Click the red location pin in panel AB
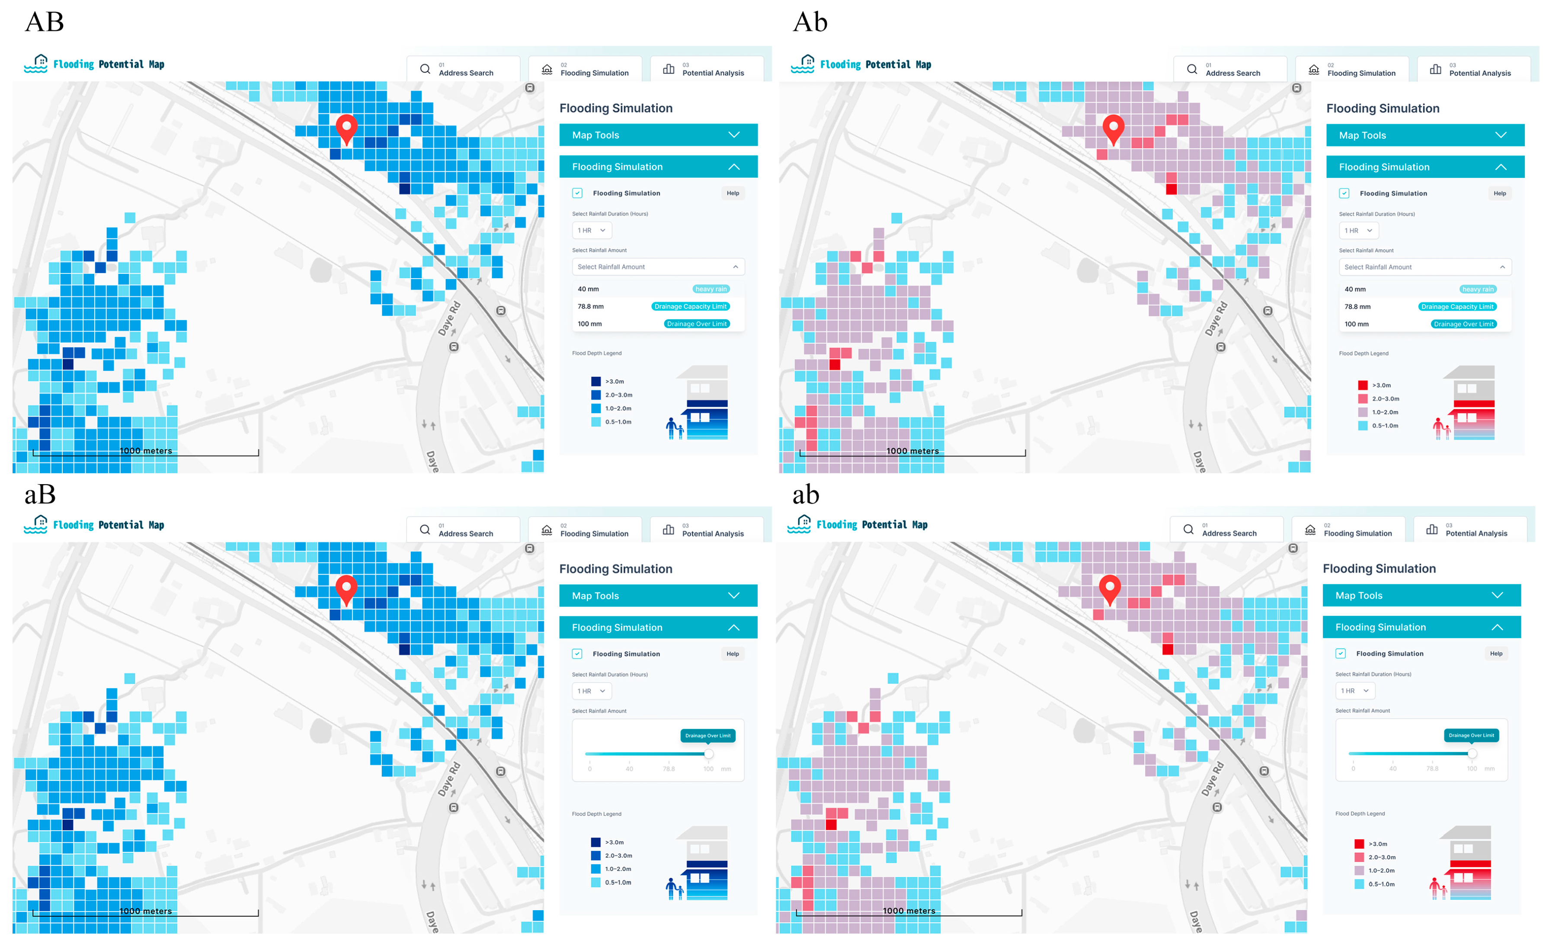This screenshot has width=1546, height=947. tap(346, 127)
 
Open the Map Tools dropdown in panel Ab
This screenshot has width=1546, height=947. tap(1425, 135)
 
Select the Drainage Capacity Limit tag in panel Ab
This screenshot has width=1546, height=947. tap(1457, 307)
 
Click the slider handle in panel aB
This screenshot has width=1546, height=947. tap(708, 754)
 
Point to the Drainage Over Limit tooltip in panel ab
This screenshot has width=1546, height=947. tap(1471, 735)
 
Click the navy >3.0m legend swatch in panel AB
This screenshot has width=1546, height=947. tap(596, 382)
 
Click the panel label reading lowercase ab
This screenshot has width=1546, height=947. tap(806, 495)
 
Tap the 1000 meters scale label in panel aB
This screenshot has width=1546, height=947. tap(146, 911)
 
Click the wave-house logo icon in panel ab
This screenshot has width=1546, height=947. tap(799, 524)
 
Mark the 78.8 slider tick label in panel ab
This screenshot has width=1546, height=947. tap(1432, 769)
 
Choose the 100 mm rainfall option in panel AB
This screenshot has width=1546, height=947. tap(590, 324)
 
